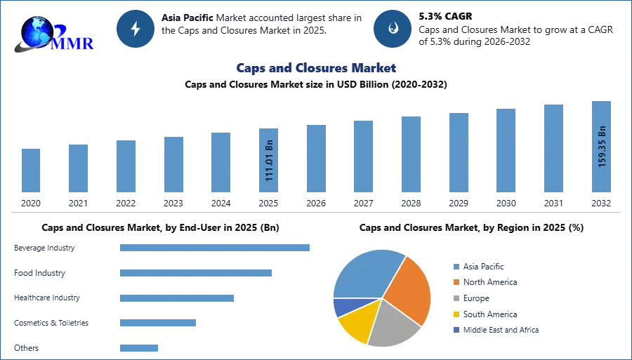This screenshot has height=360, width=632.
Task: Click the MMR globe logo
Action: click(42, 32)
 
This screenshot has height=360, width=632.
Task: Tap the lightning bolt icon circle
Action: click(136, 29)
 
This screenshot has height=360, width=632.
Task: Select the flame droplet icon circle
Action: click(393, 29)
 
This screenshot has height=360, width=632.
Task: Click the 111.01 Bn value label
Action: click(269, 162)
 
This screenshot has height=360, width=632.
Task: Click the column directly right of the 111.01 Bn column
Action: click(314, 159)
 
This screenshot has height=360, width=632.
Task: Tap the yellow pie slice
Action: click(355, 324)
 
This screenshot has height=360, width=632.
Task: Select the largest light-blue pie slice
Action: click(365, 274)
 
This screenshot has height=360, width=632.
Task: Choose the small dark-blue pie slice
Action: click(343, 307)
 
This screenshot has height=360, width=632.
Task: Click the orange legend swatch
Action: click(456, 282)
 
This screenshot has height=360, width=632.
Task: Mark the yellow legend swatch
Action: click(456, 314)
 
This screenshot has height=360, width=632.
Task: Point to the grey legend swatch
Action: click(456, 298)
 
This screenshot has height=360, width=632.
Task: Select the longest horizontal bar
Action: click(216, 247)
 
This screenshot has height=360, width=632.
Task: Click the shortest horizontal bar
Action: click(140, 347)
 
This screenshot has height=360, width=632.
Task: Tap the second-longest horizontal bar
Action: click(196, 274)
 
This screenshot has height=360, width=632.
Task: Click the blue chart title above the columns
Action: click(317, 68)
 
